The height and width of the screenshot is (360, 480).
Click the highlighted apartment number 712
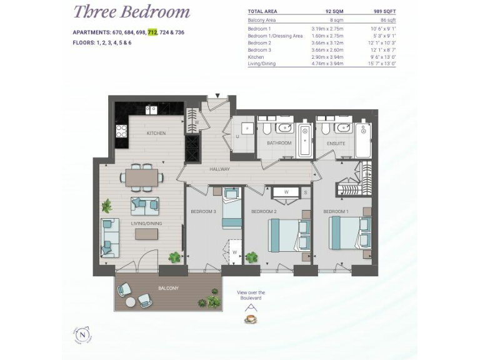point(152,32)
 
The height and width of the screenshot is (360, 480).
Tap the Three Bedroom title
point(132,11)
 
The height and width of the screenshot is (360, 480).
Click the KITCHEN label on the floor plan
point(156,133)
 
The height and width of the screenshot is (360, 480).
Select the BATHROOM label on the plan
point(279,143)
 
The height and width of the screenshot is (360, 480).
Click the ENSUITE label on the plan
point(337,143)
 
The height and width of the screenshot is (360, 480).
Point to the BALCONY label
point(168,288)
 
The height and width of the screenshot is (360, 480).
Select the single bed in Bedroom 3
point(231,211)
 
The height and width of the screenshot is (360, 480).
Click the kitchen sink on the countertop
point(151,110)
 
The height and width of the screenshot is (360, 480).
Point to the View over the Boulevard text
point(251,296)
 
